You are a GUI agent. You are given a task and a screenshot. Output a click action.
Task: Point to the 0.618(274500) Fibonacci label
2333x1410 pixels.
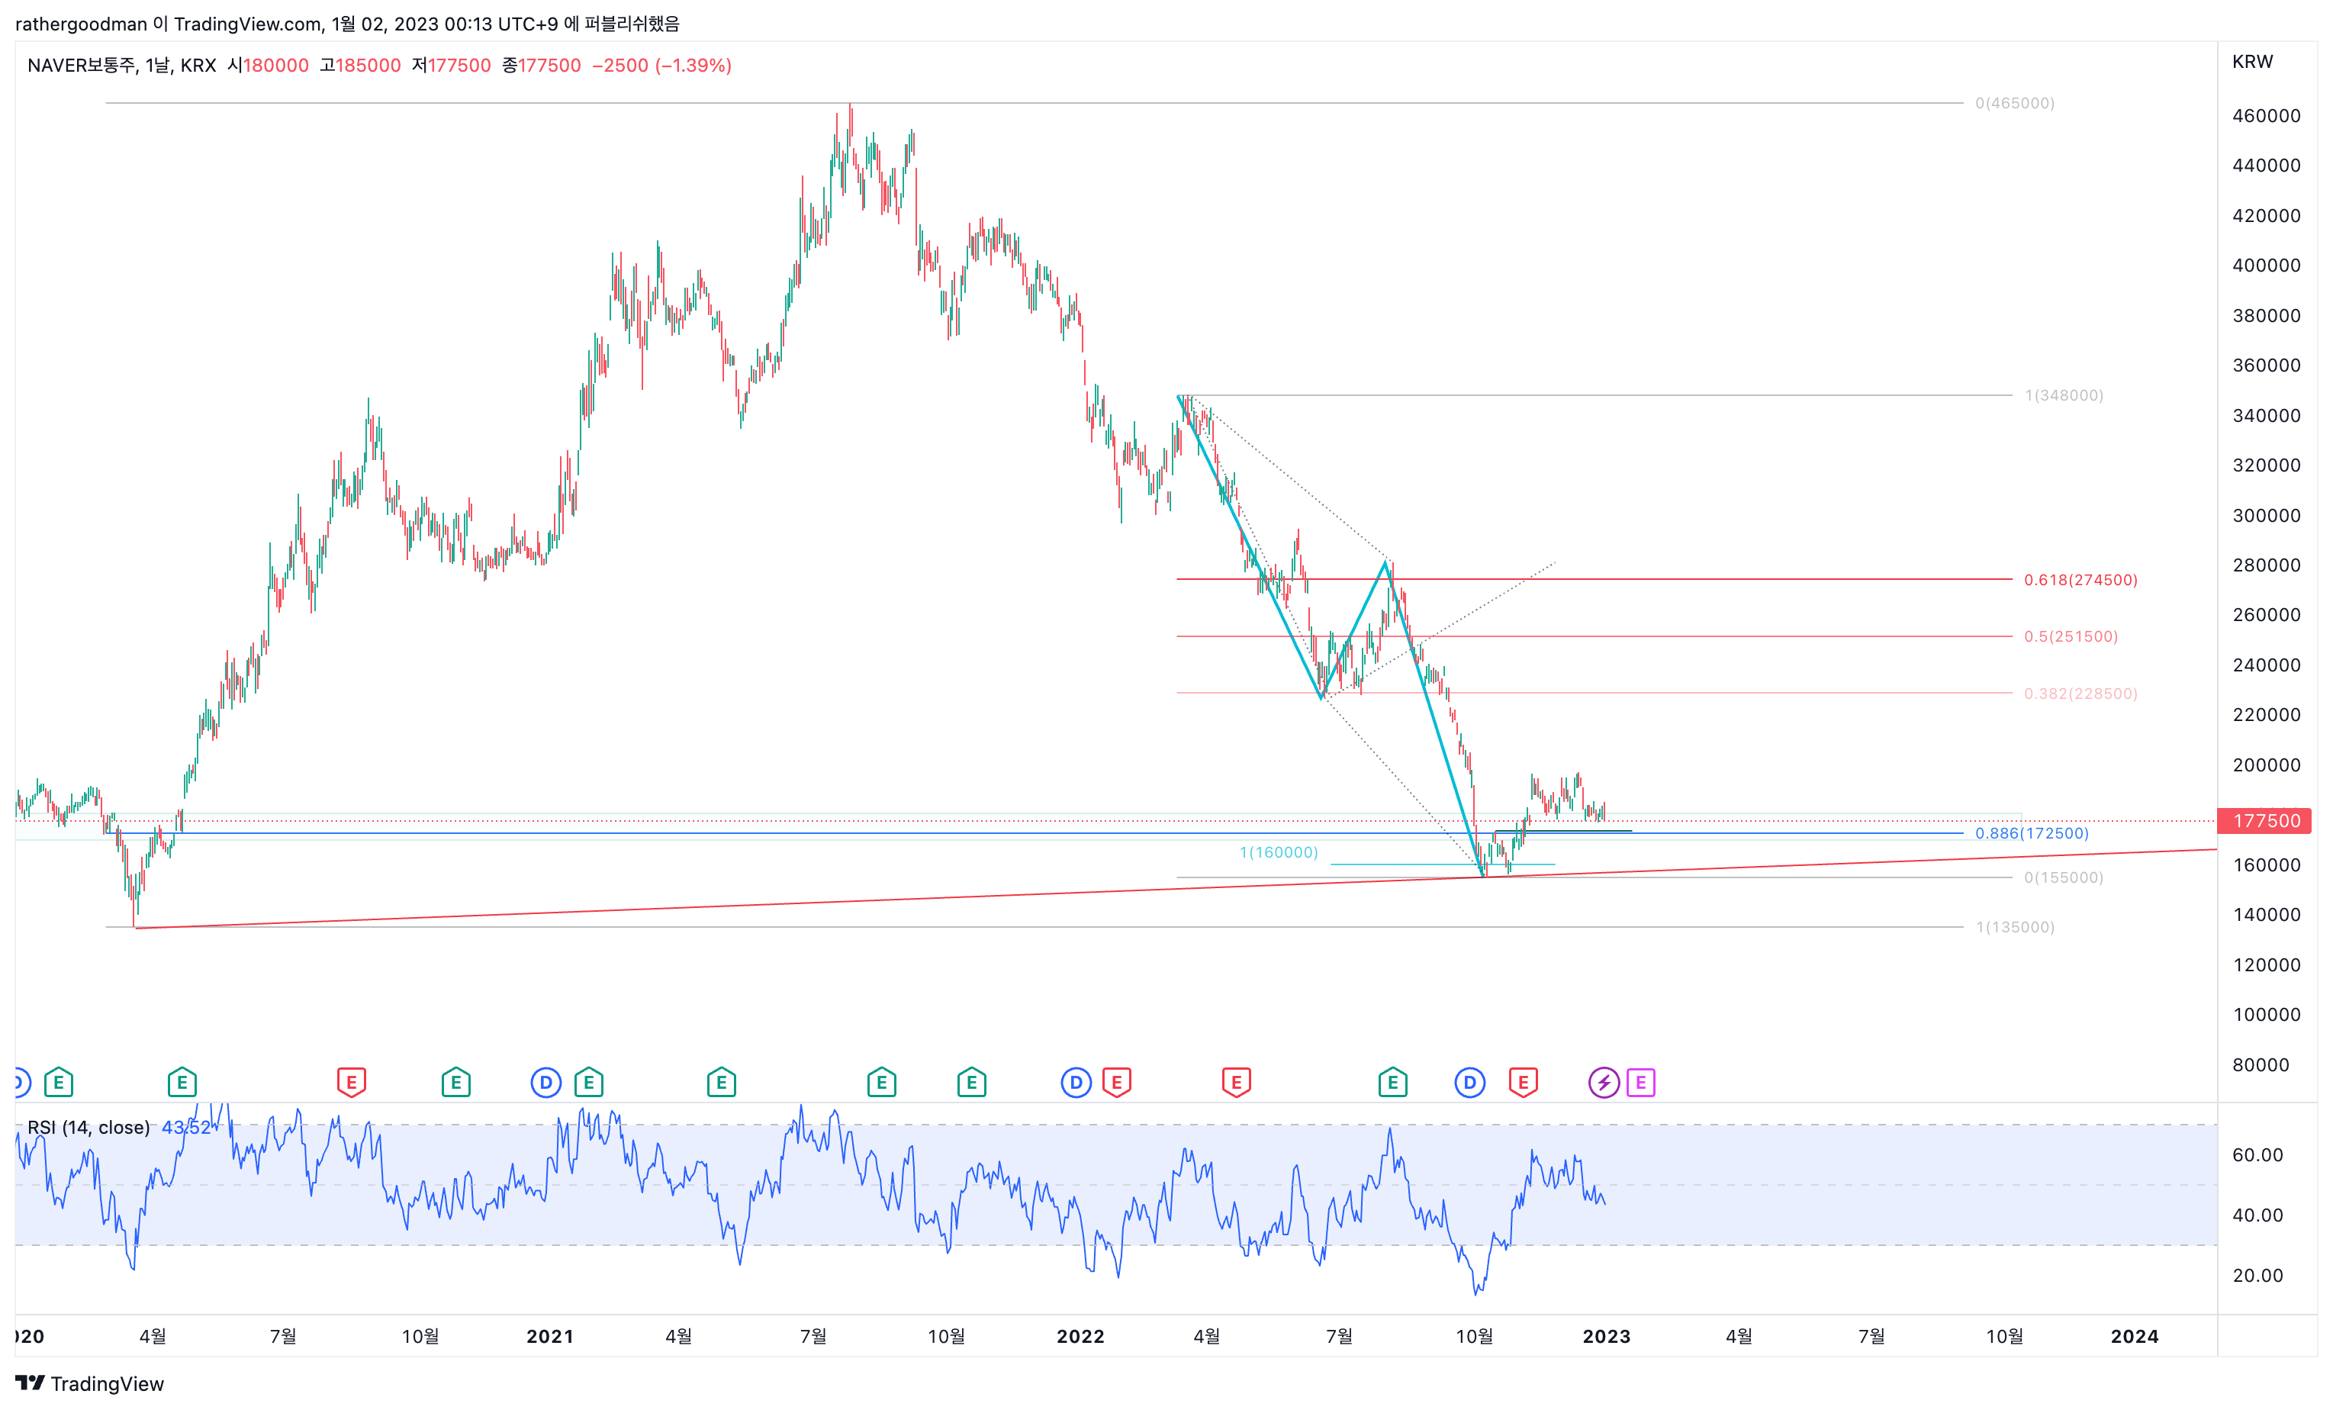click(x=2080, y=580)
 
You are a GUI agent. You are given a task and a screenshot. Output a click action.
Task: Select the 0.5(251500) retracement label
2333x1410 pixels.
click(x=2071, y=636)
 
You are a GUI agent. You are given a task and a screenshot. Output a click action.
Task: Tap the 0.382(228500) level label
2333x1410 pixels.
click(x=2080, y=693)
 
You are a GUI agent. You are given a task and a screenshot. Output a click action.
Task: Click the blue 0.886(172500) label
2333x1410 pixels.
click(x=2031, y=833)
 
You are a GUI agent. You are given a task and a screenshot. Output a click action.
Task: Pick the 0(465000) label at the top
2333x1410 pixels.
click(x=2014, y=103)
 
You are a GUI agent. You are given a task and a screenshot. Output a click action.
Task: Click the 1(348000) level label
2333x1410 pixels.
click(x=2063, y=395)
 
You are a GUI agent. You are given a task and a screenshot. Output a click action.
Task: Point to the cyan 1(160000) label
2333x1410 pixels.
click(x=1278, y=852)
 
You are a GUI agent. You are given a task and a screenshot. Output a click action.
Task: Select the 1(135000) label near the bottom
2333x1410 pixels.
click(x=2014, y=927)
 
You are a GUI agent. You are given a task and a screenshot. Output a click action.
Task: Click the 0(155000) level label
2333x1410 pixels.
click(x=2063, y=878)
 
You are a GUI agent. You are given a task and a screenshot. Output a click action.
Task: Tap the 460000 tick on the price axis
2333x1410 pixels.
click(x=2266, y=115)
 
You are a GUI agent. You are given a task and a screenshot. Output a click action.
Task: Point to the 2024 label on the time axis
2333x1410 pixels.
click(x=2134, y=1336)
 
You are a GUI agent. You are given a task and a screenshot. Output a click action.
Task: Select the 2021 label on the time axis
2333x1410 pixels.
click(x=549, y=1336)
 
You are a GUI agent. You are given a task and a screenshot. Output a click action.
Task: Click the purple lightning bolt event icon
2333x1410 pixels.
click(x=1603, y=1083)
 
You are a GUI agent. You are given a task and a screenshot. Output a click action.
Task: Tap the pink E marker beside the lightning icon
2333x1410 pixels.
click(x=1640, y=1083)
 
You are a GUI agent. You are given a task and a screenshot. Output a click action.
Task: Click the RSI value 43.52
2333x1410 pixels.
click(x=185, y=1127)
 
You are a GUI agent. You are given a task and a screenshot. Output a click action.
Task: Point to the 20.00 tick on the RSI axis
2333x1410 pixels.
click(x=2257, y=1276)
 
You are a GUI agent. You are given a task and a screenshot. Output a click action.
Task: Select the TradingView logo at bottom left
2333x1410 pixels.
click(x=90, y=1383)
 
